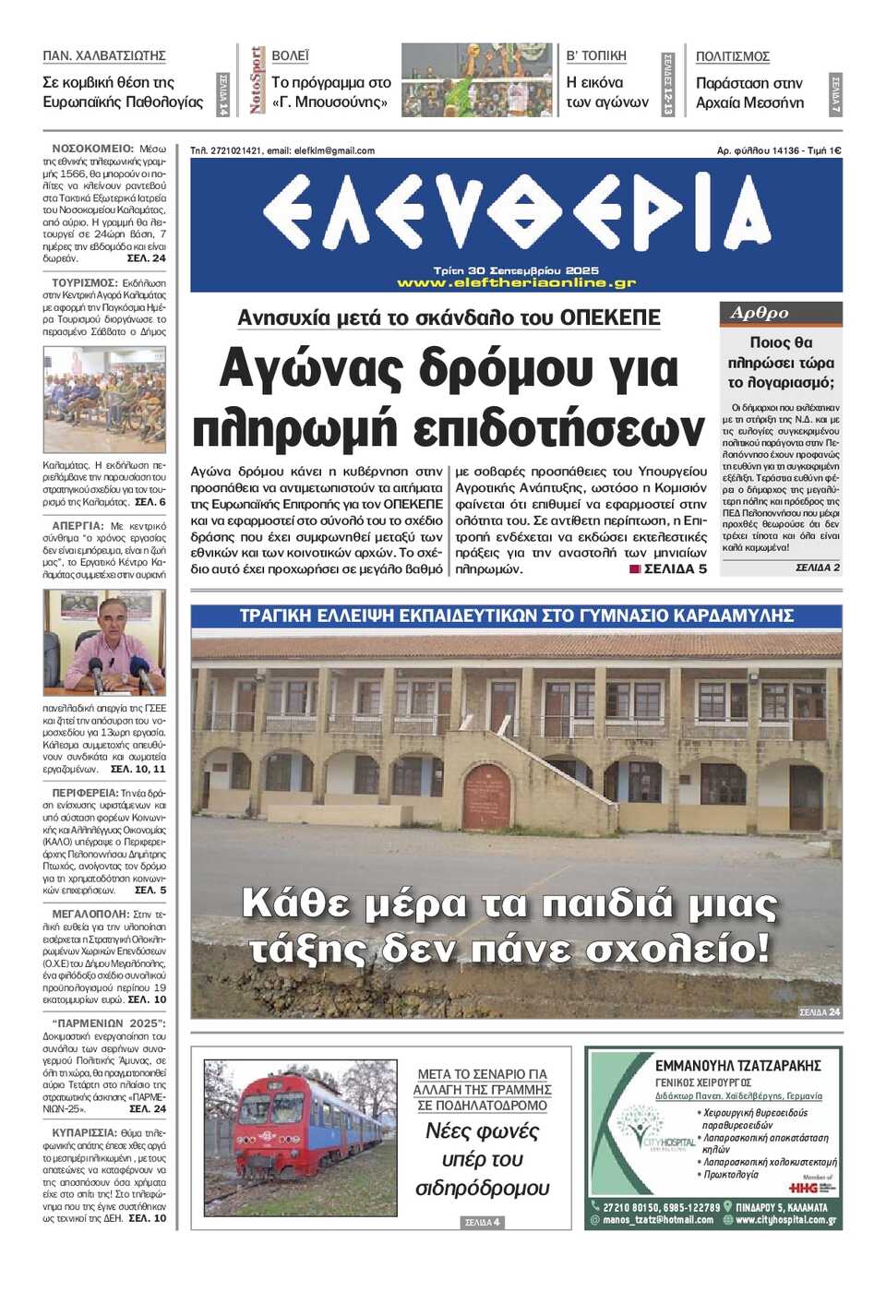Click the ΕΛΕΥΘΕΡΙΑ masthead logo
point(516,213)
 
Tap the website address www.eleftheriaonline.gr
point(516,282)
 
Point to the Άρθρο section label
point(760,313)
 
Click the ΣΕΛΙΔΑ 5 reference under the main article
point(675,569)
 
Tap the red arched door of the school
point(486,796)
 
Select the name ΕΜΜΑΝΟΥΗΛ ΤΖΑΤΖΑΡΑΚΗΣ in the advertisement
point(737,1066)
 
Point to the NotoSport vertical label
point(257,80)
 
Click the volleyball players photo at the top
point(476,80)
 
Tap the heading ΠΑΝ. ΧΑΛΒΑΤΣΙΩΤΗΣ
point(104,56)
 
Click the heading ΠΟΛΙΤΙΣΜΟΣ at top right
point(732,56)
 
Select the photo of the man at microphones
point(104,642)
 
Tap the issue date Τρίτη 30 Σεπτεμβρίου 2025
point(516,270)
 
